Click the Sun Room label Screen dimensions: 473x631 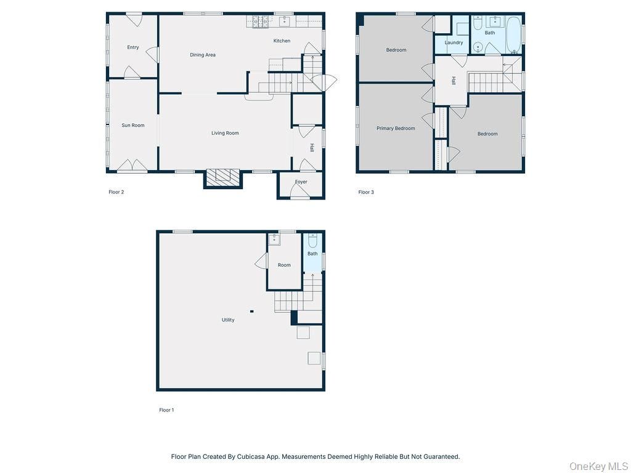point(133,126)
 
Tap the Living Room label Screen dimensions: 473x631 point(225,133)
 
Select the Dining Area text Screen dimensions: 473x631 point(203,55)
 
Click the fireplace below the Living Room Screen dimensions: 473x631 point(223,177)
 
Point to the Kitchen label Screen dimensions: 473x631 point(282,41)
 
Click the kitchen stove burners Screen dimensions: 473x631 point(260,22)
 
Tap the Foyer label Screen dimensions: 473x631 point(301,182)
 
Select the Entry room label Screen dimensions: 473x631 point(133,47)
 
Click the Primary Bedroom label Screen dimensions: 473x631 point(396,129)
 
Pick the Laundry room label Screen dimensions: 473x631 point(454,43)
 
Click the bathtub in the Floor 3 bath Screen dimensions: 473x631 point(513,34)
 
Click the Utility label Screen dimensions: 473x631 point(228,320)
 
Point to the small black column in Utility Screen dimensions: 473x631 point(251,311)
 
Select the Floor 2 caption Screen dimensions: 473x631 point(116,192)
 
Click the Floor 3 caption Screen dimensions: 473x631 point(366,192)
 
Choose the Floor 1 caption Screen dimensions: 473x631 point(166,410)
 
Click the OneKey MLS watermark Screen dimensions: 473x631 point(598,466)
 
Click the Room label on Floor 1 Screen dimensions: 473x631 point(284,265)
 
